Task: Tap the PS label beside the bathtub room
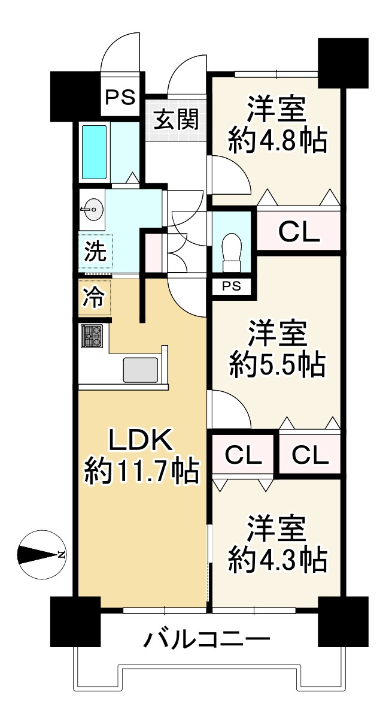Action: (121, 96)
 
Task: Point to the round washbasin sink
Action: (92, 209)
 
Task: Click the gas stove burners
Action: (92, 336)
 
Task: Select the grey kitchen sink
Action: (141, 370)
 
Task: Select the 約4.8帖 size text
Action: (276, 142)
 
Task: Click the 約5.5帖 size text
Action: (276, 364)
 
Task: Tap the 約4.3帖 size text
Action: (276, 560)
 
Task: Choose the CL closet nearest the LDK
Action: (243, 456)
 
